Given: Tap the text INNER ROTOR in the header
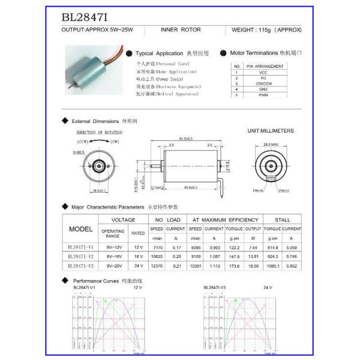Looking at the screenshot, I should click(x=181, y=29).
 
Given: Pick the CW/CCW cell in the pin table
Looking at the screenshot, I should click(x=263, y=83).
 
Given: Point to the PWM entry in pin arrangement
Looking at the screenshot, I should click(x=263, y=95).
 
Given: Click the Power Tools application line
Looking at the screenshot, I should click(x=160, y=79).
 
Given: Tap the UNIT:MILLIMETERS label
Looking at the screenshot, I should click(x=271, y=130).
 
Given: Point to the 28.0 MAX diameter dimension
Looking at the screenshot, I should click(x=271, y=145).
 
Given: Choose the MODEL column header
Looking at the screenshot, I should click(x=81, y=229).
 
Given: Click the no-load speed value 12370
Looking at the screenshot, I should click(x=157, y=265).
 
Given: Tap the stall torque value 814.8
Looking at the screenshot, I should click(x=272, y=247).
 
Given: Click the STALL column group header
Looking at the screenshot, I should click(x=282, y=220).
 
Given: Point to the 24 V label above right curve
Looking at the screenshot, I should click(x=267, y=287).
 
